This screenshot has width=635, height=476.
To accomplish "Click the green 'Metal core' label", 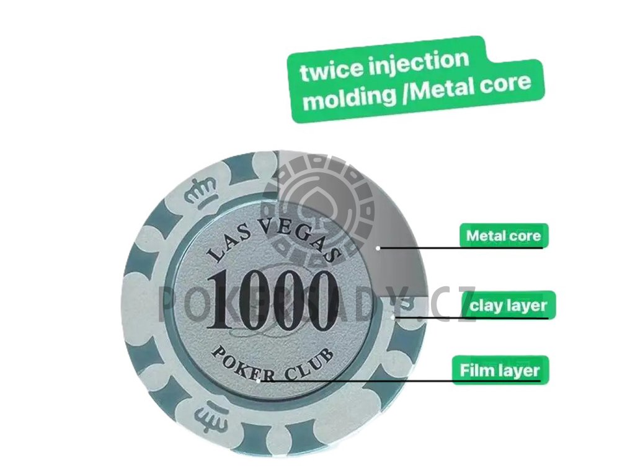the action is click(x=504, y=236).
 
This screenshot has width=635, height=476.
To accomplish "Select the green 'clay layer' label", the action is click(x=508, y=305).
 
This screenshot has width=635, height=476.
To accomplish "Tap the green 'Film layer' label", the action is click(x=500, y=370).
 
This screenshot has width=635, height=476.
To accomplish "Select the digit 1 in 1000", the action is click(x=221, y=302).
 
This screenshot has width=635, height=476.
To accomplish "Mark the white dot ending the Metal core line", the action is click(x=378, y=247).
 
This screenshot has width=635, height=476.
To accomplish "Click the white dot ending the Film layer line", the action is click(x=259, y=380).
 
